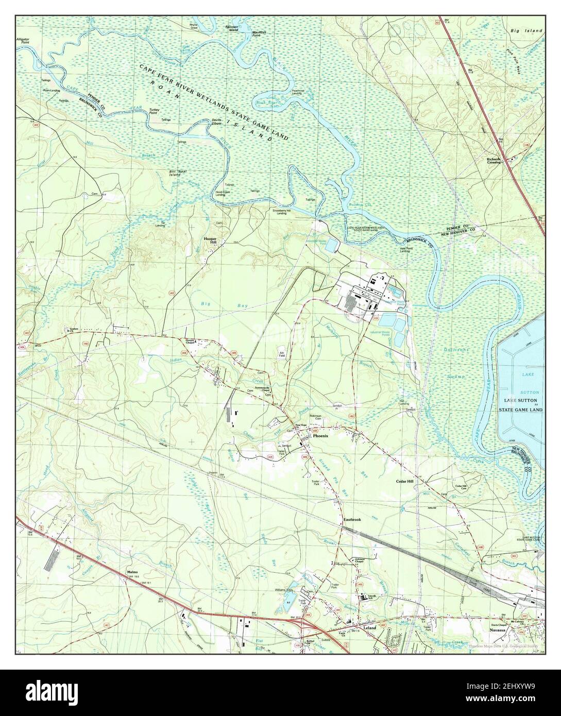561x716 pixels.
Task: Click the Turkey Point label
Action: [x=155, y=112]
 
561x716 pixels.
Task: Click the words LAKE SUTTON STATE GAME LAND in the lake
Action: [x=522, y=406]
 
